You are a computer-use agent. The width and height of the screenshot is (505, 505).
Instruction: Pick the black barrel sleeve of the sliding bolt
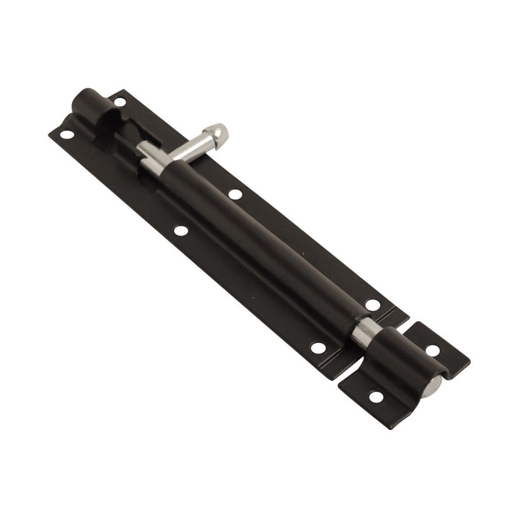260,238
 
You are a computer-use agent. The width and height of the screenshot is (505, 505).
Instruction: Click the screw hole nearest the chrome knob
234,193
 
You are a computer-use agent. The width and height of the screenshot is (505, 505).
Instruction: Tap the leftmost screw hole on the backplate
66,134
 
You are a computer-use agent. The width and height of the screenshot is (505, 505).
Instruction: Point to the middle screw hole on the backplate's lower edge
181,232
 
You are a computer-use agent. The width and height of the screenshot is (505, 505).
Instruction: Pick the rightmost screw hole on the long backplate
372,305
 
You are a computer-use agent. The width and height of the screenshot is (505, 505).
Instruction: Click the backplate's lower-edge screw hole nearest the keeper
317,348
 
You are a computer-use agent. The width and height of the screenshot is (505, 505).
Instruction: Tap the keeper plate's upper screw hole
432,351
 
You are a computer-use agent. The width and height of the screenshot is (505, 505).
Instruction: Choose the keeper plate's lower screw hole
376,396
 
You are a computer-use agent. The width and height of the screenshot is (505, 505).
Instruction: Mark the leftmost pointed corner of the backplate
51,134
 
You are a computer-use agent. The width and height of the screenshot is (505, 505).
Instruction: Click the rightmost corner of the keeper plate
469,359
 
